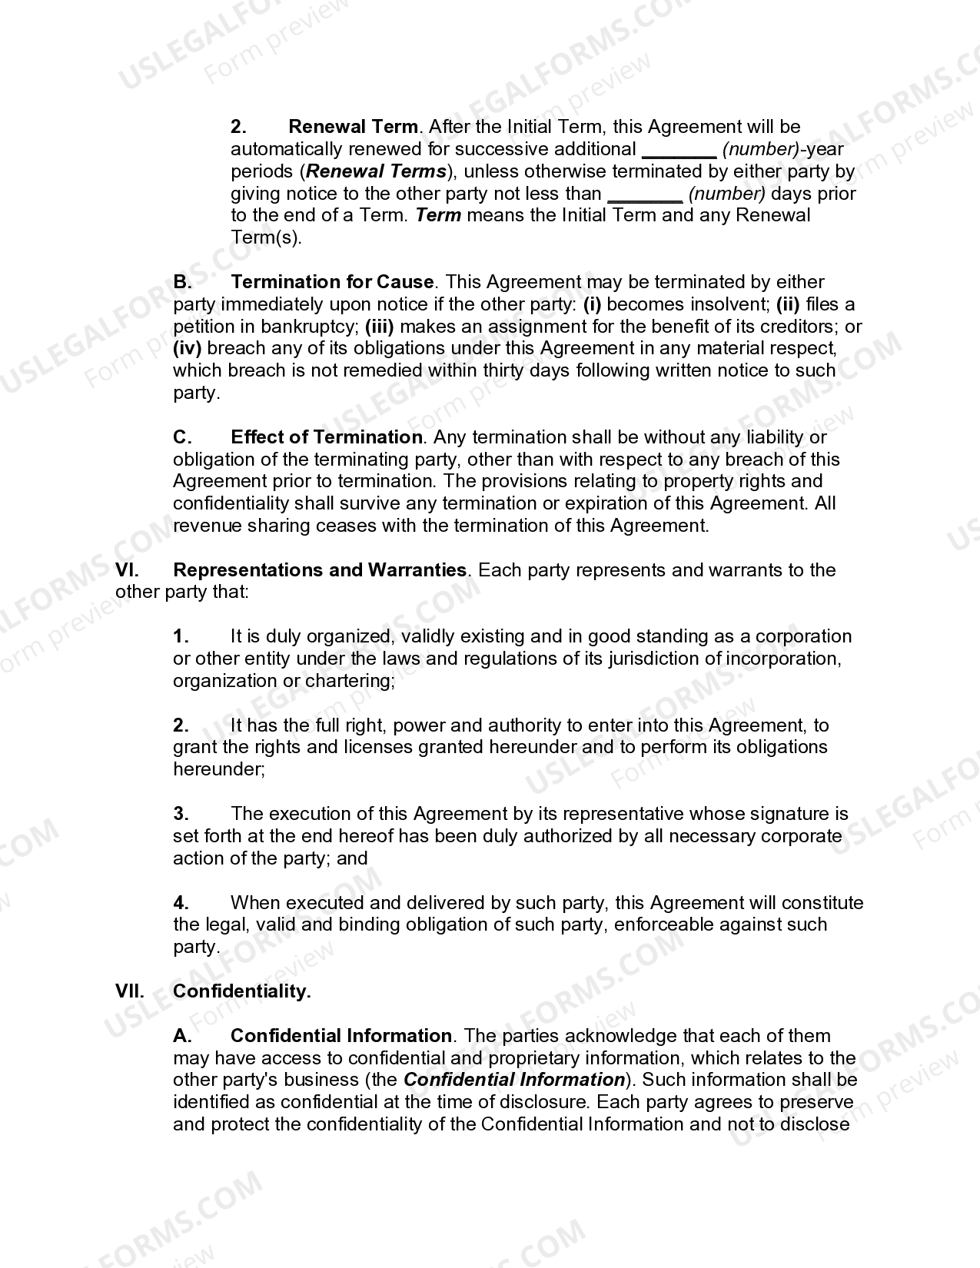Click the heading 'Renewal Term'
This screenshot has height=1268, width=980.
(354, 127)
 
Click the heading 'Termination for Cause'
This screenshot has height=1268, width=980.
(332, 282)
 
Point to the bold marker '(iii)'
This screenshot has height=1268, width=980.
(379, 327)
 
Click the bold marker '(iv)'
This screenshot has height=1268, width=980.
(187, 348)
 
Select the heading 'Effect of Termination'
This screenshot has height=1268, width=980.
(327, 437)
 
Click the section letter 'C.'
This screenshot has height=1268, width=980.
(182, 437)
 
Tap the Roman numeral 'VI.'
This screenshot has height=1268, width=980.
(127, 570)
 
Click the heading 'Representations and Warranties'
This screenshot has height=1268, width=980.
(320, 570)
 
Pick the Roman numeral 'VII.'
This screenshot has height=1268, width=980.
(130, 991)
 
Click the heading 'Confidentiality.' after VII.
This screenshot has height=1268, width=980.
(242, 991)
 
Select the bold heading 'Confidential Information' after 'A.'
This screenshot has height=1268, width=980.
(341, 1036)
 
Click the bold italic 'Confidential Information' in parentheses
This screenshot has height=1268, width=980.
(514, 1080)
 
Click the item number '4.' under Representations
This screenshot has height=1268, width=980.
(181, 903)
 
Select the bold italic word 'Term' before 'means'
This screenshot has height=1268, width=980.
(438, 215)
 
